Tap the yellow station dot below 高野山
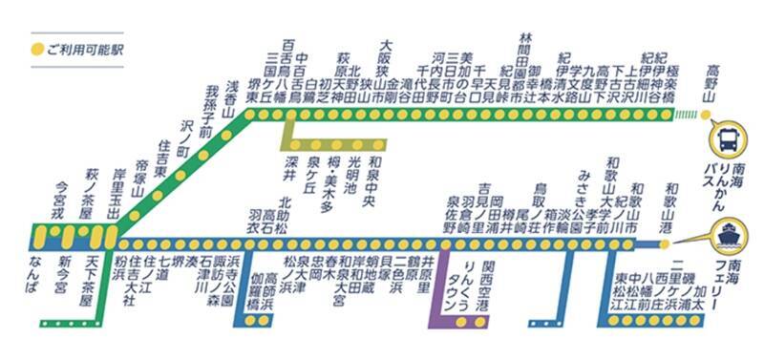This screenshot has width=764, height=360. click(x=706, y=115)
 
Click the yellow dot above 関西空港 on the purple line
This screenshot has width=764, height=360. click(x=489, y=243)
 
